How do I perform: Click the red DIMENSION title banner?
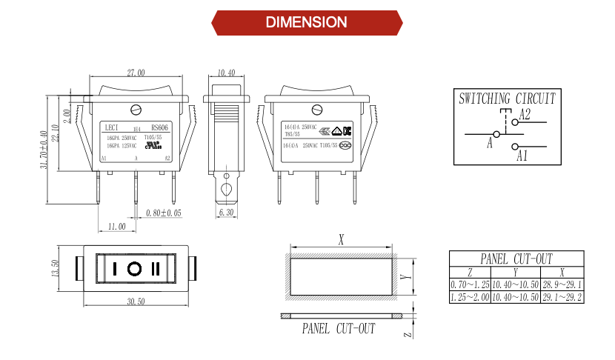tap(307, 22)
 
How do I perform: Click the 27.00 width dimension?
tap(136, 73)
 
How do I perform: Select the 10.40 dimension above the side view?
tap(227, 73)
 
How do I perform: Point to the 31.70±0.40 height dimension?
tap(44, 149)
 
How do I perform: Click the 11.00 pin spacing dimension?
tap(116, 225)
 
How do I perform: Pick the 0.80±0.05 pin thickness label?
tap(164, 213)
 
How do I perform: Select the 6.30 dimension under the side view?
tap(227, 213)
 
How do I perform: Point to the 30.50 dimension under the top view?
tap(136, 301)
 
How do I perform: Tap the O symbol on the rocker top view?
tap(135, 268)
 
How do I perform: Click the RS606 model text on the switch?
tap(160, 127)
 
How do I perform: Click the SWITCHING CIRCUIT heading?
tap(506, 98)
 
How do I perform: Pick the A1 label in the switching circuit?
tap(522, 156)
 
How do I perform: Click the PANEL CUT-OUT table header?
tap(516, 259)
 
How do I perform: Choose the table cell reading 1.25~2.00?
tap(470, 297)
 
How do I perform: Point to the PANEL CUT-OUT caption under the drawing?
tap(338, 328)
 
